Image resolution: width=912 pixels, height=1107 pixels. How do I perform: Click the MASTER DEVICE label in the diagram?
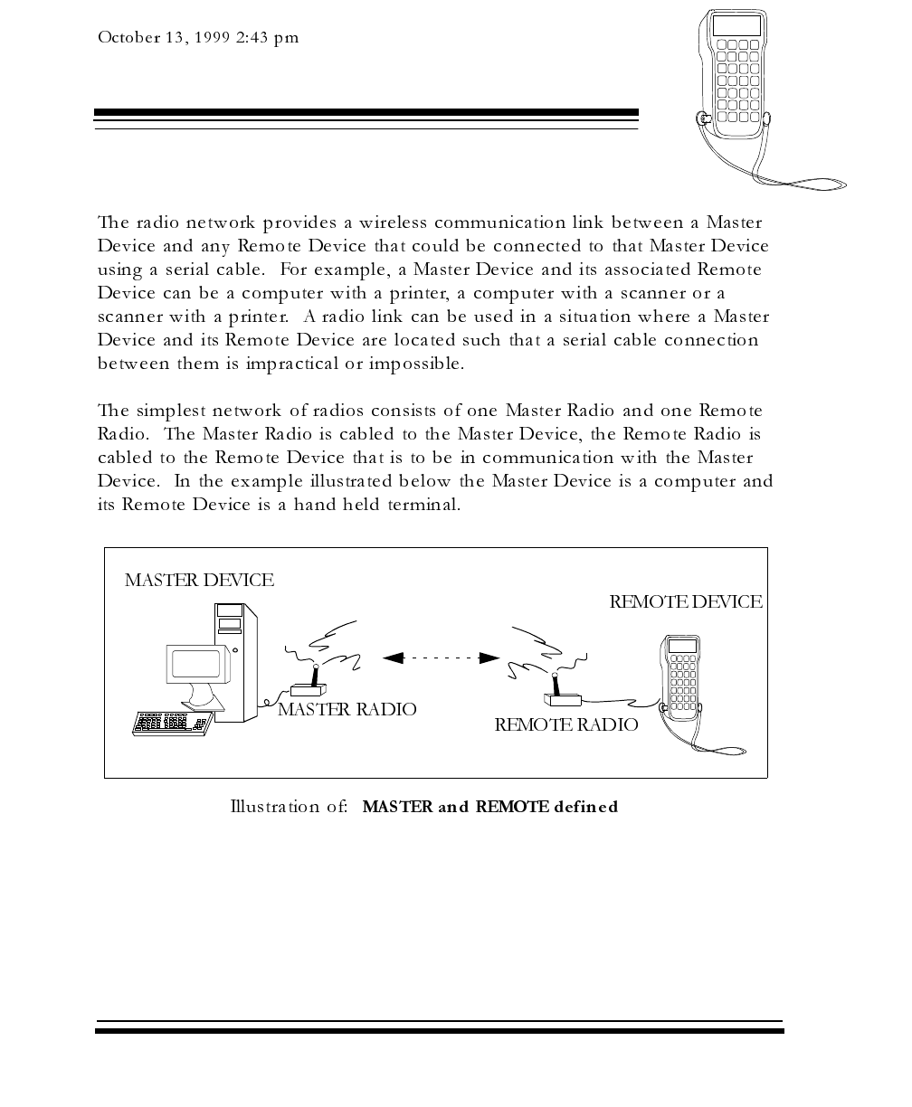click(199, 581)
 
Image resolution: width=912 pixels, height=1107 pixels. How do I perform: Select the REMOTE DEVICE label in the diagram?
click(686, 602)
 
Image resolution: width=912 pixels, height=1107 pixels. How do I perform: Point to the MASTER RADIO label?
click(347, 710)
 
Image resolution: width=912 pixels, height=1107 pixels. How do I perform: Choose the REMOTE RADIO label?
click(566, 725)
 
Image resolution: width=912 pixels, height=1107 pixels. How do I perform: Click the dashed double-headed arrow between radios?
click(442, 658)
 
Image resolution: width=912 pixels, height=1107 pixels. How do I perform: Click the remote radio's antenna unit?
click(561, 692)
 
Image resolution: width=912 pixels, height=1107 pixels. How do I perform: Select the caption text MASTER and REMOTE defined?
click(490, 807)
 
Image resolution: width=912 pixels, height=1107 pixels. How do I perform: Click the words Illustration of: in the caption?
click(290, 807)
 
